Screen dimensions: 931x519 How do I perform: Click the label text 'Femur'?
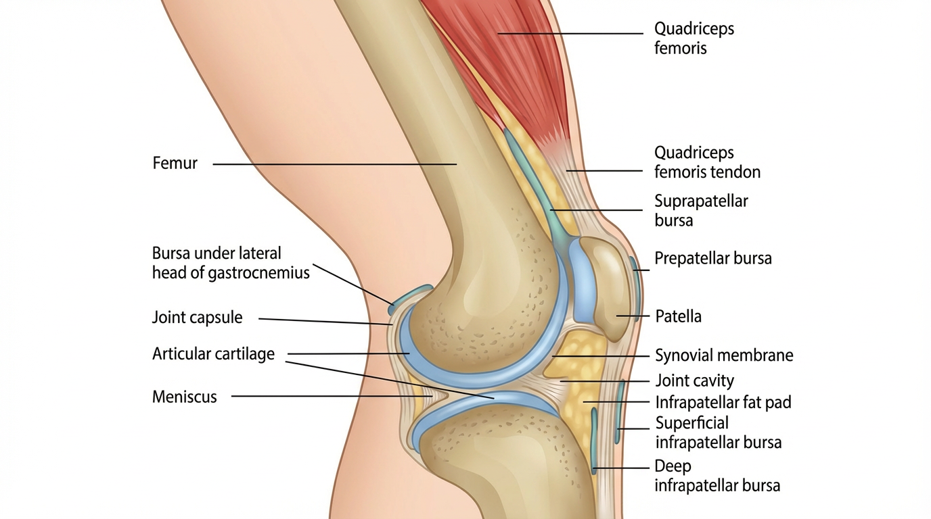click(x=175, y=163)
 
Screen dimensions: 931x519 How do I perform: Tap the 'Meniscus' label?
click(x=184, y=397)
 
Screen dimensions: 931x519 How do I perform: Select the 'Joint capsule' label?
click(x=197, y=318)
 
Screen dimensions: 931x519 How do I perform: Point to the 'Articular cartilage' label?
click(x=213, y=353)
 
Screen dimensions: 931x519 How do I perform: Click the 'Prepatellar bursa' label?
click(x=712, y=258)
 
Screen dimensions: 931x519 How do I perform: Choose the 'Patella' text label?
click(x=678, y=316)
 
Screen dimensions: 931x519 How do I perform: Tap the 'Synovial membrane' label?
click(x=724, y=355)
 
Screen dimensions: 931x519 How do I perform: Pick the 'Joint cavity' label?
click(x=694, y=381)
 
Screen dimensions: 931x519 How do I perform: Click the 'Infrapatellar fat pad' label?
click(x=723, y=403)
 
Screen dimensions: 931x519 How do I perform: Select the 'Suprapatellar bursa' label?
click(x=701, y=210)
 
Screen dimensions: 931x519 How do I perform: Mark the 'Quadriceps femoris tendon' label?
click(x=707, y=162)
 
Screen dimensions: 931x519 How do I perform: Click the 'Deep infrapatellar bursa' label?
click(x=717, y=476)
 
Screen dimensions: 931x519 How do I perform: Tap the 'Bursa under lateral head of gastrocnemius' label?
click(x=230, y=263)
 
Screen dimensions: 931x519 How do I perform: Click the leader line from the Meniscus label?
click(x=332, y=397)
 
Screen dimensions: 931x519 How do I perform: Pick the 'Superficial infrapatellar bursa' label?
click(x=718, y=432)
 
